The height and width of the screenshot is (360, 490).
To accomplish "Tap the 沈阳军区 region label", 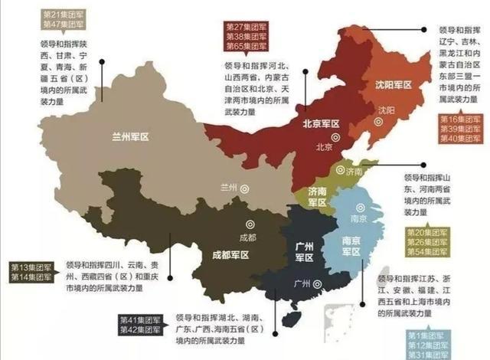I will coord(393,85).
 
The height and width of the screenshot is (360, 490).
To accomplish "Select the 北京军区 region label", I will coord(321,123).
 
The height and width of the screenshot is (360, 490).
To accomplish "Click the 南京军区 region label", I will coord(353,242).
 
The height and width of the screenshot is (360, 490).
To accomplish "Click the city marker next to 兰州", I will coord(245,188).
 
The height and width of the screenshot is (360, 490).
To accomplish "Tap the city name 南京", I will coord(355,218).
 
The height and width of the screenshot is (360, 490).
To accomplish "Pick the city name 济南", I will coord(354,173).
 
